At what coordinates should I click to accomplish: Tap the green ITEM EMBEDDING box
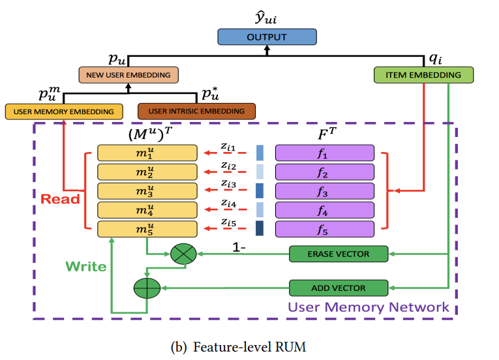[423, 75]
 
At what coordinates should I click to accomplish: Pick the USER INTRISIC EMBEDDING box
[196, 112]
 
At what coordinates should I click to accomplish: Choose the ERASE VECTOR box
[339, 254]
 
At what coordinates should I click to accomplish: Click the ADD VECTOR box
[339, 288]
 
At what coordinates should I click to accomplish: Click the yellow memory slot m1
[147, 153]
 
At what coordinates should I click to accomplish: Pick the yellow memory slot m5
[147, 229]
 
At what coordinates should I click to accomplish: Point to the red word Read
[60, 199]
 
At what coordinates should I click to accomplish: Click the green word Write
[85, 267]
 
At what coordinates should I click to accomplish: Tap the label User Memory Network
[369, 307]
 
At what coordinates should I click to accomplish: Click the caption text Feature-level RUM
[249, 347]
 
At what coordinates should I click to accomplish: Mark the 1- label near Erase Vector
[240, 248]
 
